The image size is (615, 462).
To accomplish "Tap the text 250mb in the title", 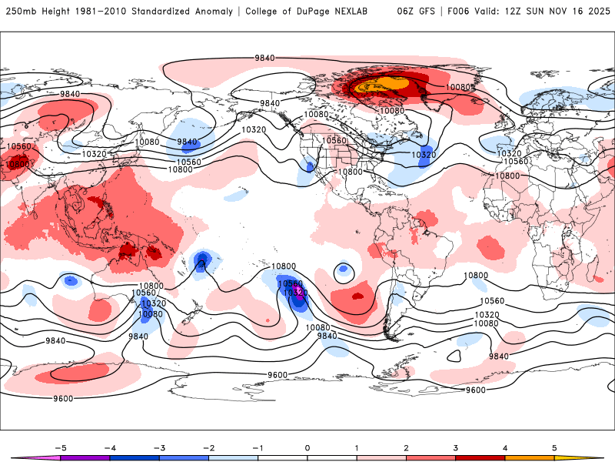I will pos(18,12).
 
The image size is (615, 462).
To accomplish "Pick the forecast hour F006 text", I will pos(456,12).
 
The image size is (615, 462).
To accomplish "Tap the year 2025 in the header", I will pos(598,12).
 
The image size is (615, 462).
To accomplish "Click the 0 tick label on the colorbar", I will pos(307,447).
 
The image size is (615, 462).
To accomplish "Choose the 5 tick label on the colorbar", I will pos(554,447).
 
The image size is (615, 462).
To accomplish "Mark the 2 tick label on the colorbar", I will pos(407,447).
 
